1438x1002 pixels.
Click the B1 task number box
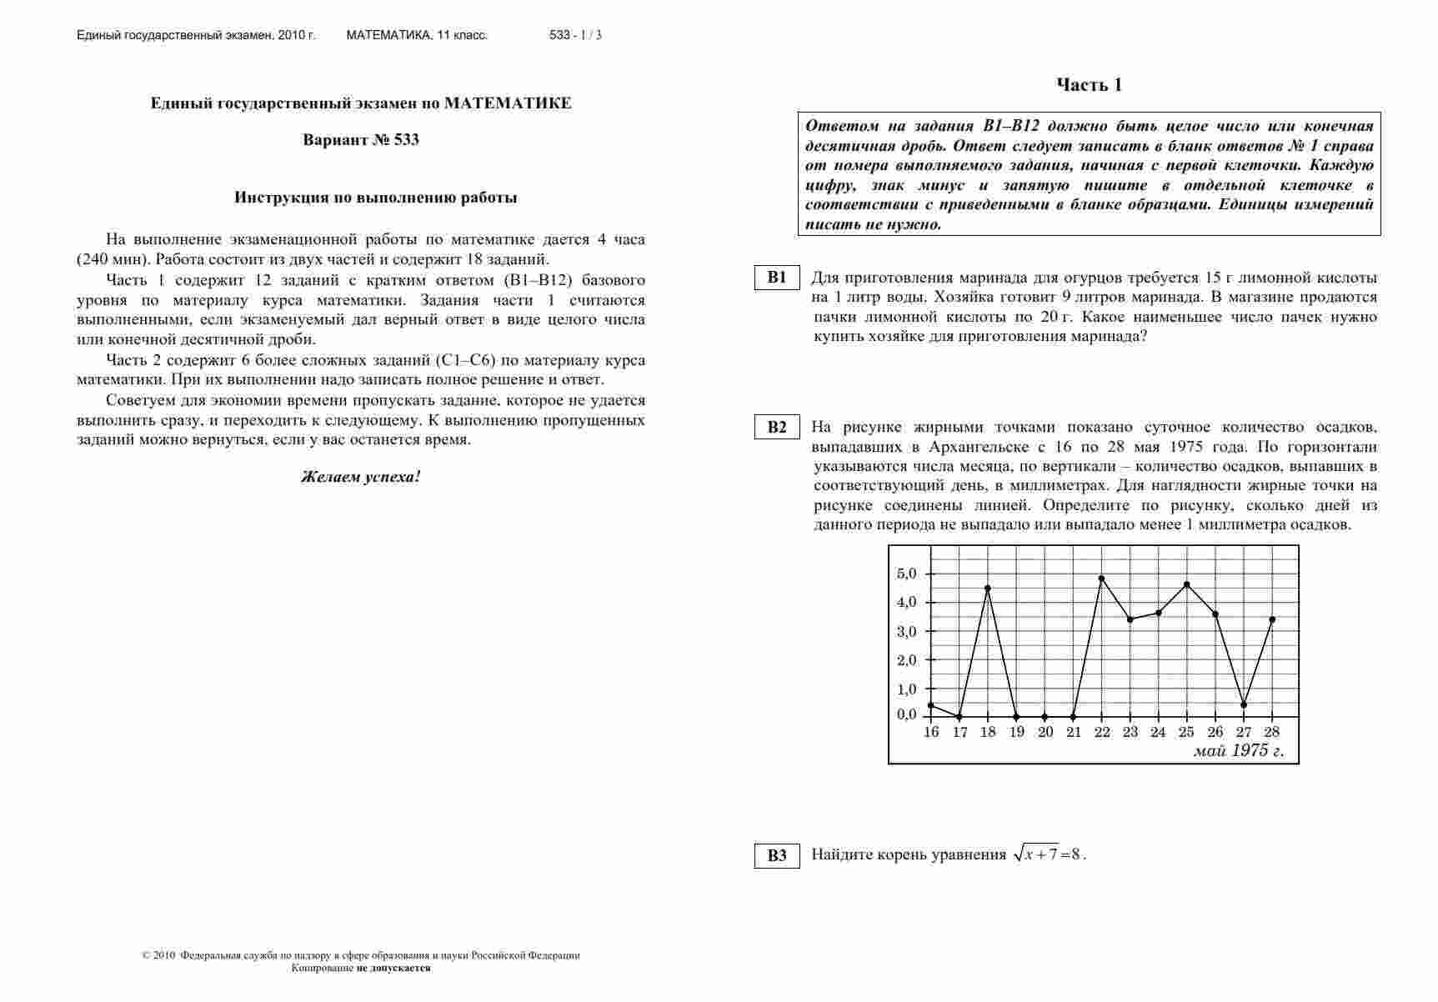(x=777, y=278)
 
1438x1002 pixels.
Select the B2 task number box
(x=777, y=427)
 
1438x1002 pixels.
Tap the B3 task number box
(x=777, y=855)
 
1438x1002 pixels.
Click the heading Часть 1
(x=1089, y=85)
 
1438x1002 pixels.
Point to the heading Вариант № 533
(x=361, y=140)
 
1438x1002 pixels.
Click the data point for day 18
(x=988, y=588)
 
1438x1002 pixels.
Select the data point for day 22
(x=1101, y=579)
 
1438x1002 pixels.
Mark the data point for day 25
(x=1186, y=584)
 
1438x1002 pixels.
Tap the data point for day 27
(x=1244, y=704)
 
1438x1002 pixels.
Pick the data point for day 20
(x=1045, y=716)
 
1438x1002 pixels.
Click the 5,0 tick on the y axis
(x=906, y=574)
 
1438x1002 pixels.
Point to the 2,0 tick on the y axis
(x=906, y=660)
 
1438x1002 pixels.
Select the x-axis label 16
(x=931, y=732)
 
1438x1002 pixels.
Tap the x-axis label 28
(x=1272, y=732)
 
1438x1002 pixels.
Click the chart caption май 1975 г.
(x=1238, y=750)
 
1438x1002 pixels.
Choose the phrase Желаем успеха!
(x=361, y=478)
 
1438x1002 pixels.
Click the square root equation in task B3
(x=1049, y=854)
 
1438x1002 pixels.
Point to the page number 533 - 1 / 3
(x=575, y=35)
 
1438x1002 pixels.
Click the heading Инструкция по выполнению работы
(x=375, y=198)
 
